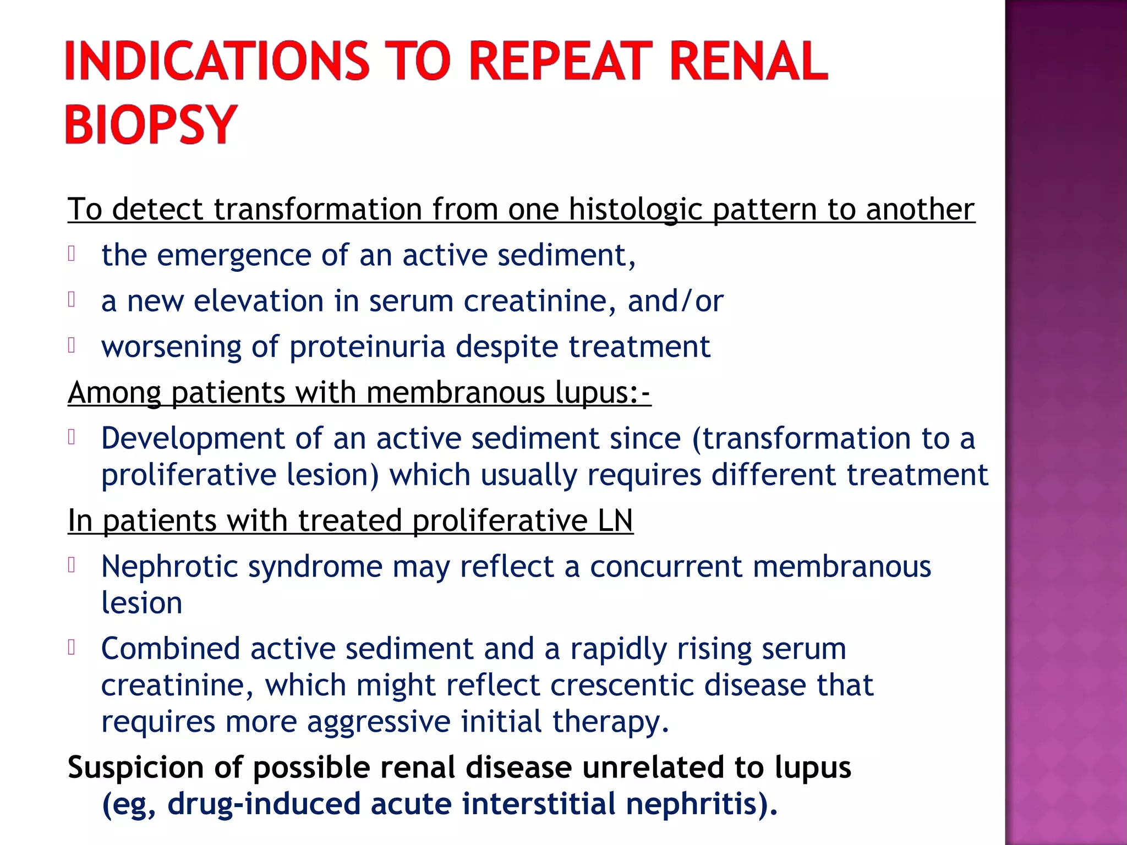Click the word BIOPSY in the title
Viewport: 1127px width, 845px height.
click(151, 124)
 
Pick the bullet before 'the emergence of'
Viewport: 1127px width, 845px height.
click(72, 254)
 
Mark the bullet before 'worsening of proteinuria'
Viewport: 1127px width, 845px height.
click(72, 345)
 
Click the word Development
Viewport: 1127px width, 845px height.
click(193, 438)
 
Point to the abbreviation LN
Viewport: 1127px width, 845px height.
click(615, 520)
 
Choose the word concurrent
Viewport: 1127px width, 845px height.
click(666, 567)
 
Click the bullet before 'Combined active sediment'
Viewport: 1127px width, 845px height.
click(72, 647)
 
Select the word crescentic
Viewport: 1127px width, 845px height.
click(622, 685)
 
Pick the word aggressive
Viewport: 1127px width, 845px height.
click(379, 722)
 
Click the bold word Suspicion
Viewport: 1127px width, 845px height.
click(135, 767)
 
